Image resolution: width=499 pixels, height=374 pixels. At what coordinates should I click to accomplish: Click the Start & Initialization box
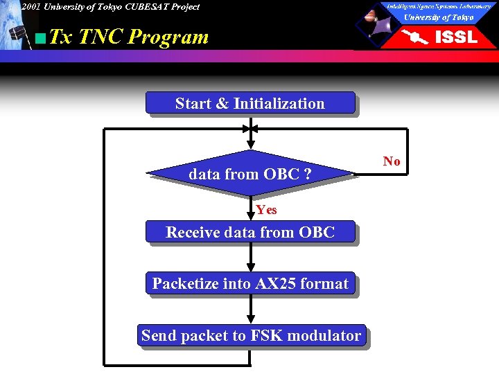249,103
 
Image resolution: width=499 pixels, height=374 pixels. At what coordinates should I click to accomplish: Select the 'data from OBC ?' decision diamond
249,175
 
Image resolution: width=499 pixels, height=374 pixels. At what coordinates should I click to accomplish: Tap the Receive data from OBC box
249,232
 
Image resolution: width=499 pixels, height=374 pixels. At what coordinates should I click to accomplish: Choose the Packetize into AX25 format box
249,283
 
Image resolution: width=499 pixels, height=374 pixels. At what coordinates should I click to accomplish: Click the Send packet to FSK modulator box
251,336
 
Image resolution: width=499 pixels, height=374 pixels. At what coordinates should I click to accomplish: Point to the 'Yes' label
265,210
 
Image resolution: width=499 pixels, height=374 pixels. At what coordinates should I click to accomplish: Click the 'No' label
392,161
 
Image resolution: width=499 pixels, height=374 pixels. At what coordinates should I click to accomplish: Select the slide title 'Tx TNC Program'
130,37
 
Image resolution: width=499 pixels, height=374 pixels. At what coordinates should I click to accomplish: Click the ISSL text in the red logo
455,37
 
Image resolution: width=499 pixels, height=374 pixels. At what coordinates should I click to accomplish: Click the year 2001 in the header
31,7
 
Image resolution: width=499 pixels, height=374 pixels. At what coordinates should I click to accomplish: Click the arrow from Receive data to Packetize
250,258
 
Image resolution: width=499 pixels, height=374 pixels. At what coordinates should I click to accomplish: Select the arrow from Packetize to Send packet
250,310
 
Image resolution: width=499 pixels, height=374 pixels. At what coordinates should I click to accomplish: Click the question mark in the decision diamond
307,175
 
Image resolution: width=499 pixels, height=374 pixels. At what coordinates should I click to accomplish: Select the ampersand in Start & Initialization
222,103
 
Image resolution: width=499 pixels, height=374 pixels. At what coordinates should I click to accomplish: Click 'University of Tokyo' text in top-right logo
439,17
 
